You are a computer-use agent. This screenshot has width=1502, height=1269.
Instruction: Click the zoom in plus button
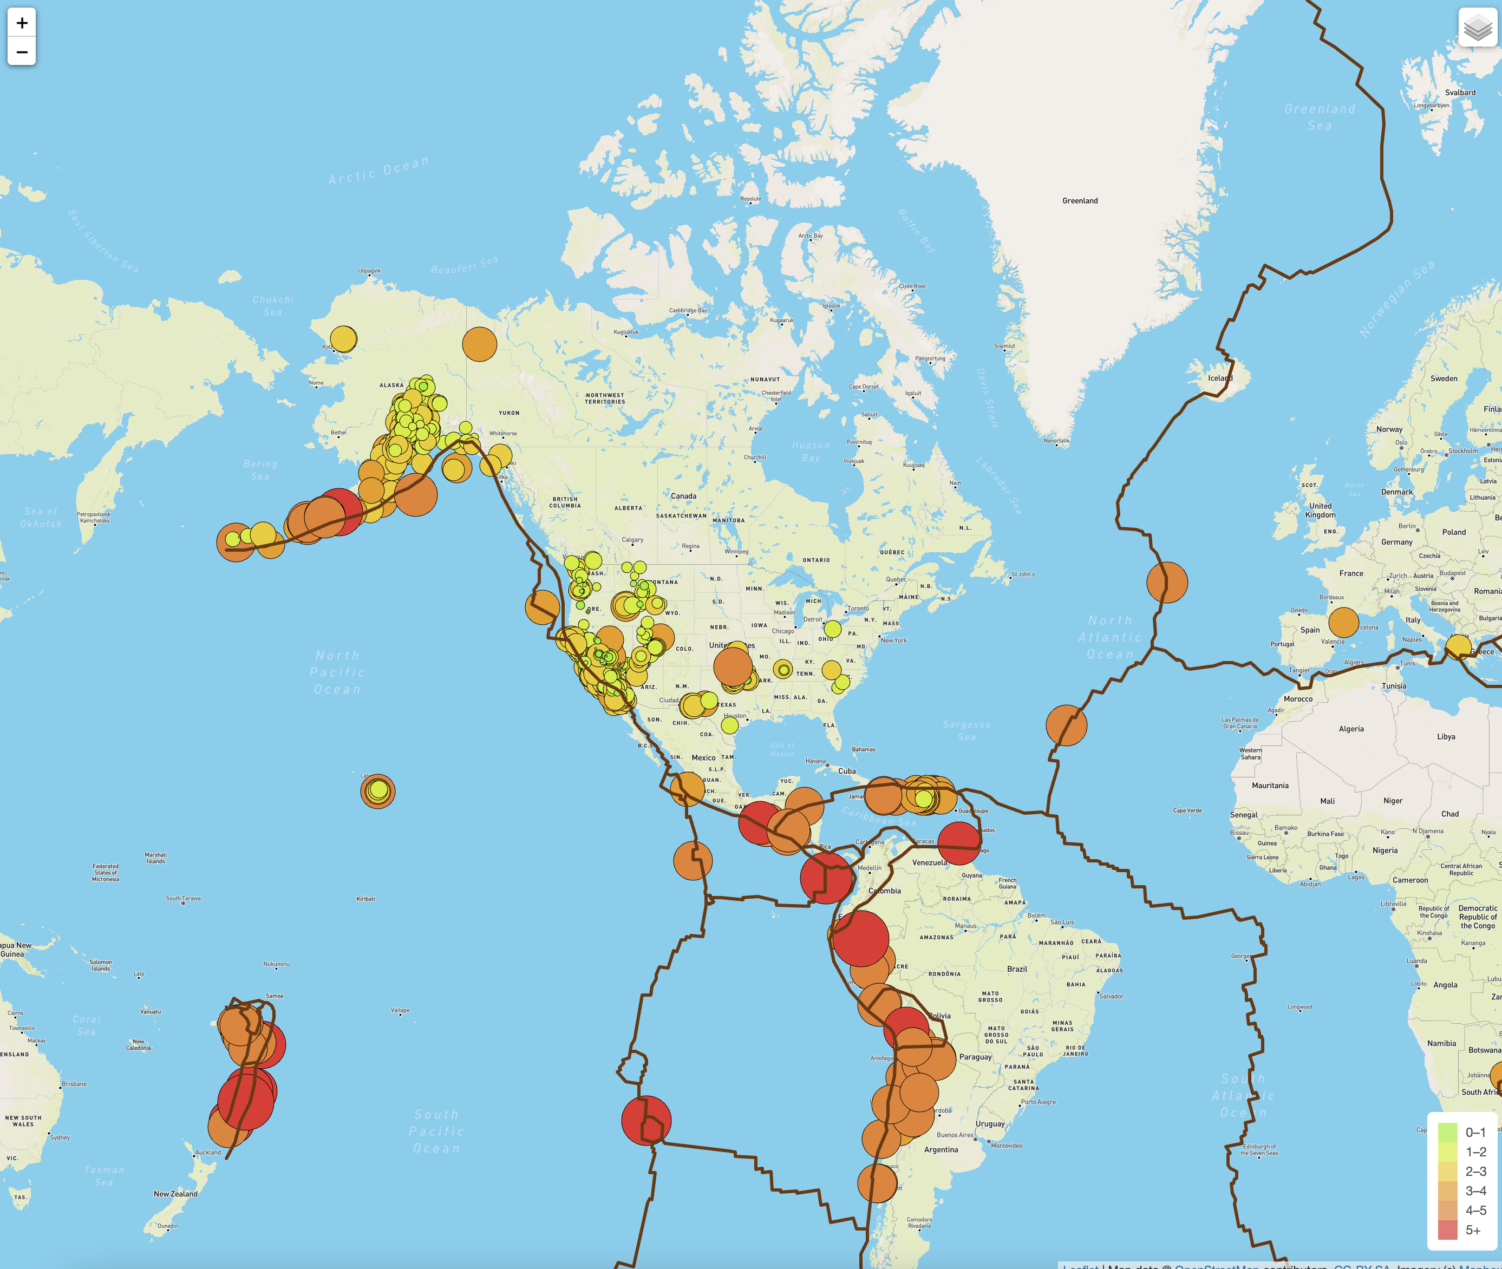(x=22, y=23)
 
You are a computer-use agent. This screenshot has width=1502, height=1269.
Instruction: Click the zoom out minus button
(x=22, y=52)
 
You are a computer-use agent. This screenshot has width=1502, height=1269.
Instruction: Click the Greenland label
(x=1080, y=201)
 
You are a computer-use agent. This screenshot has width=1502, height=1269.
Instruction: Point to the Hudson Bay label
(x=811, y=452)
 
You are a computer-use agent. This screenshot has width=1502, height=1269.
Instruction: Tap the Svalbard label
(x=1460, y=93)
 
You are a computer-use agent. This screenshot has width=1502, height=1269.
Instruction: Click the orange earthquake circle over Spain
(x=1343, y=622)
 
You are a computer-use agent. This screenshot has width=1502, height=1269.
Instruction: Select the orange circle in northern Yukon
(x=480, y=344)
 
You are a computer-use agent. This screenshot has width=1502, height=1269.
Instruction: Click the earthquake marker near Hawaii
(x=377, y=792)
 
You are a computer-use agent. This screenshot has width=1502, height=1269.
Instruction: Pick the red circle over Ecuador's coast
(x=860, y=939)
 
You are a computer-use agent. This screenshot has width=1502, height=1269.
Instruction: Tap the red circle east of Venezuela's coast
(x=959, y=842)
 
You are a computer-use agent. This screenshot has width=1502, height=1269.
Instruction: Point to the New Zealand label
(x=175, y=1193)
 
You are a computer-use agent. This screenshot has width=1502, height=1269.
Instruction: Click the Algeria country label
(x=1351, y=729)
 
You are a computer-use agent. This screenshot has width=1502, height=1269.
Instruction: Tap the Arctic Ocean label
(x=379, y=171)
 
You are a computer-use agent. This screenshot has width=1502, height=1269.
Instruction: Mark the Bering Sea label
(x=260, y=470)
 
